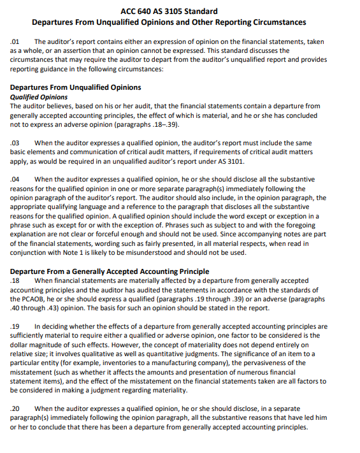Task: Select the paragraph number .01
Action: [15, 41]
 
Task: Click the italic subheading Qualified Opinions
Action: [39, 97]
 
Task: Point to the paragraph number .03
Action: [15, 143]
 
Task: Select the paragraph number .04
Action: [15, 180]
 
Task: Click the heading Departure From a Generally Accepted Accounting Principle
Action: [110, 271]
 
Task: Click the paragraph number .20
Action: [15, 408]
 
